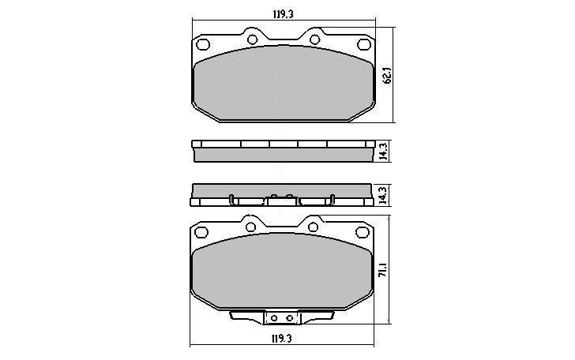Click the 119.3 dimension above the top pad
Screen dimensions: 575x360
point(283,14)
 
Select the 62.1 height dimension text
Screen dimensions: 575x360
point(388,76)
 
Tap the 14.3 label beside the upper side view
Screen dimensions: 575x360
point(383,151)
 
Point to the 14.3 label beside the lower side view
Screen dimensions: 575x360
point(383,195)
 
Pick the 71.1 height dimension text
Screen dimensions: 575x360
point(383,269)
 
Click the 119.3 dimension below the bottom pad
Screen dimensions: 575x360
point(282,339)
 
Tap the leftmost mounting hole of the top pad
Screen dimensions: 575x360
point(203,44)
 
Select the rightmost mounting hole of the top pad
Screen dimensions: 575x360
point(364,44)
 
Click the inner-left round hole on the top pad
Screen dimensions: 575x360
point(252,39)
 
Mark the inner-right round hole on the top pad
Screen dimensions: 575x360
point(314,39)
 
